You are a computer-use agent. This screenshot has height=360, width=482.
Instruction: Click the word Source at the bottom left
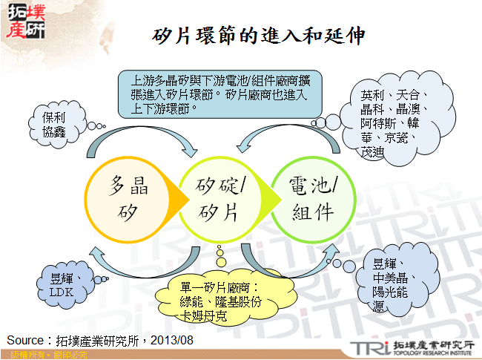click(x=26, y=340)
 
